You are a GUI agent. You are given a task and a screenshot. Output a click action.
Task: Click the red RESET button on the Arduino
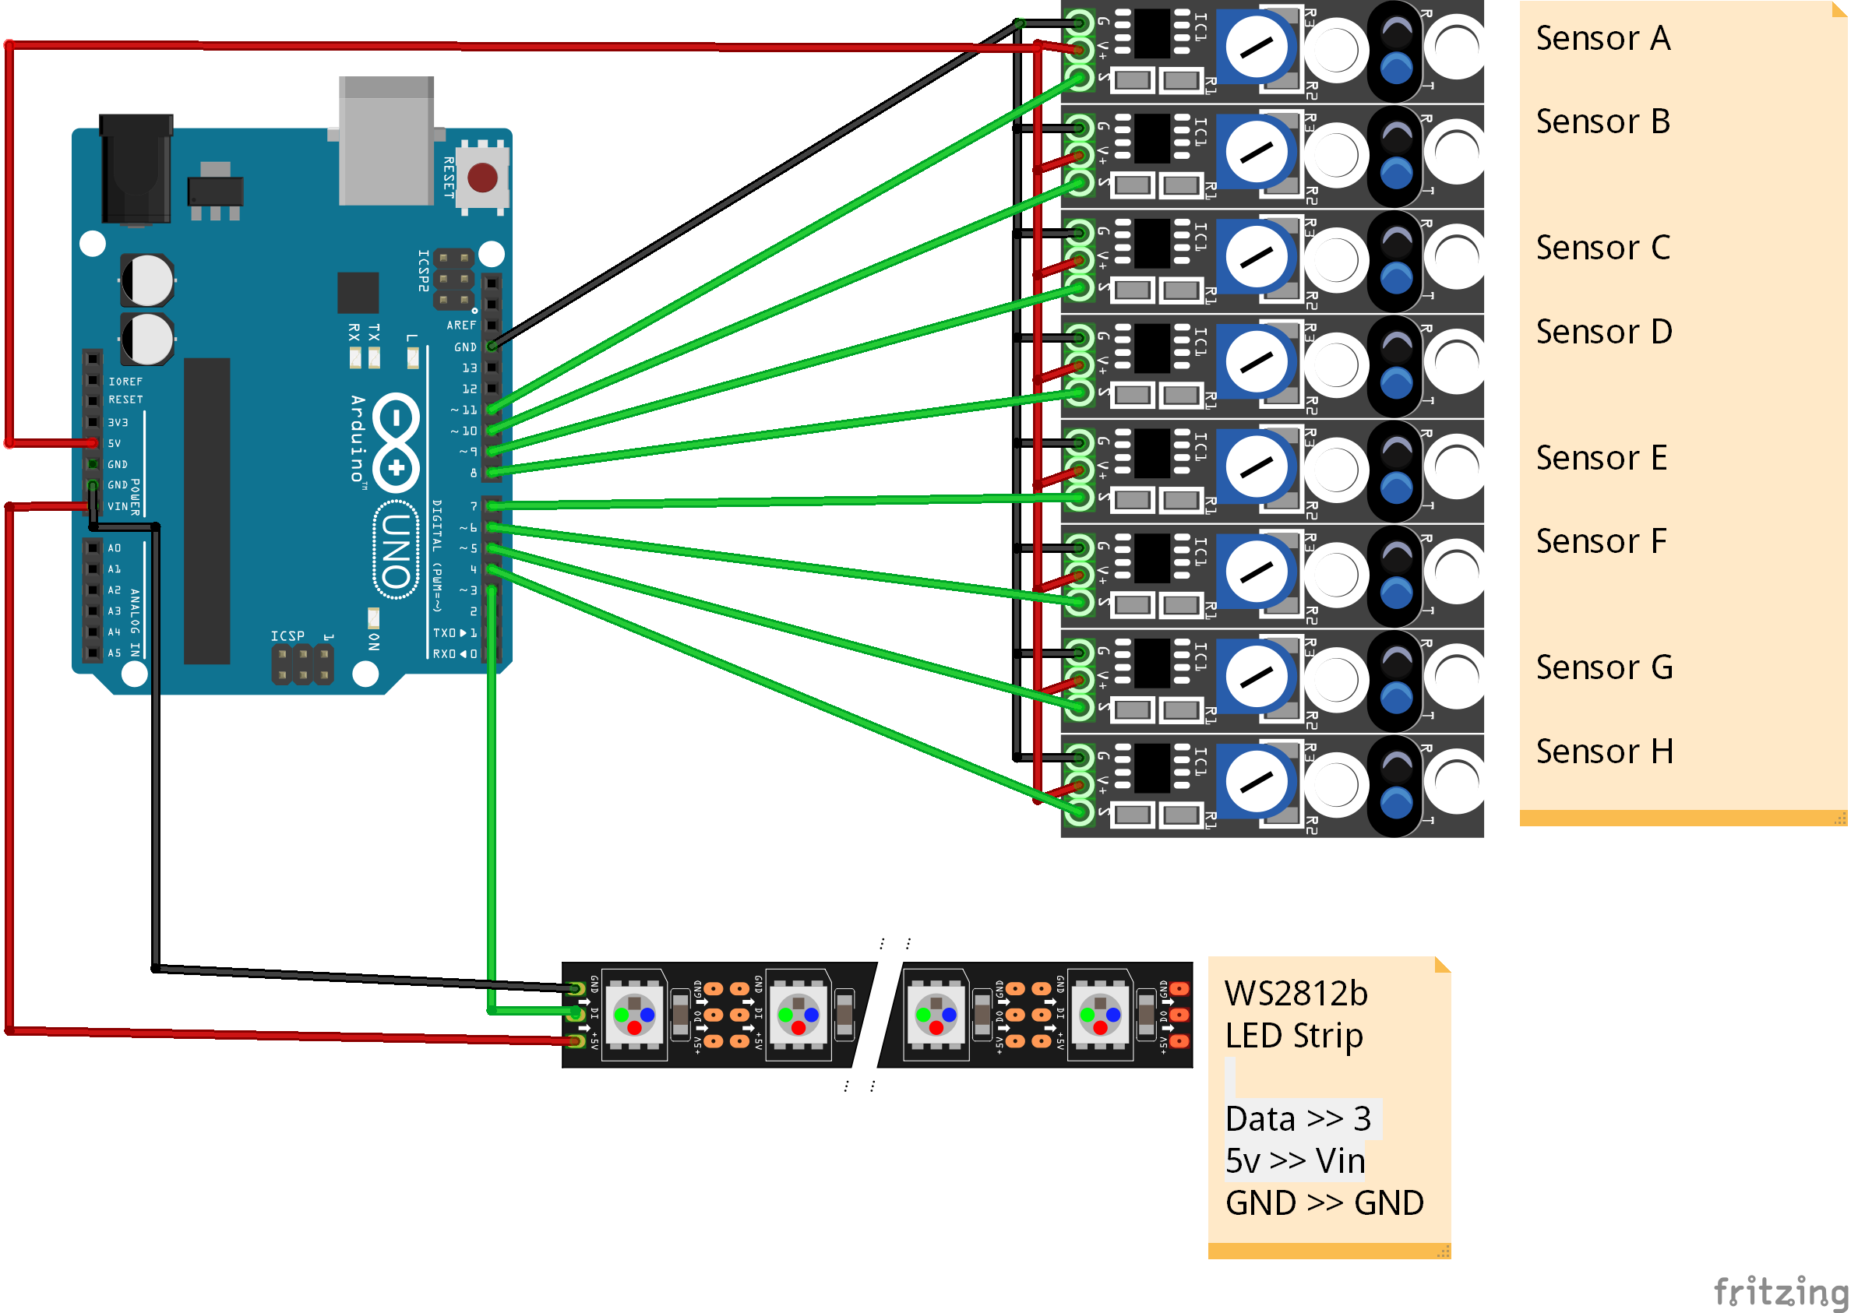click(483, 177)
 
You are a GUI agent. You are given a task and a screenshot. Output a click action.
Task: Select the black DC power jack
click(136, 169)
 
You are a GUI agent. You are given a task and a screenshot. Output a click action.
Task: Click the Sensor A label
click(1602, 38)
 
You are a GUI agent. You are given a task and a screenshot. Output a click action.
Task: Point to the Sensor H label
click(1603, 751)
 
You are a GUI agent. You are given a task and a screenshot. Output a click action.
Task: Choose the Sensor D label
click(1603, 332)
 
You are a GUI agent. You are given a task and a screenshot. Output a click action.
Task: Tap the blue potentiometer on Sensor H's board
click(1257, 782)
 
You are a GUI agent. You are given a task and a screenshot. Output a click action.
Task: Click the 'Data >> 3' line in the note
click(1298, 1119)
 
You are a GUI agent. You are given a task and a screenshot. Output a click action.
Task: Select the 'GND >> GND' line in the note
click(1324, 1203)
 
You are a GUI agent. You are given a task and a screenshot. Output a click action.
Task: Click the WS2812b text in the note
click(1296, 994)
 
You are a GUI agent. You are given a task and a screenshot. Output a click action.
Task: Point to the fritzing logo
click(1779, 1290)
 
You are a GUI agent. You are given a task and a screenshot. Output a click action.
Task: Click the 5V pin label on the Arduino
click(114, 443)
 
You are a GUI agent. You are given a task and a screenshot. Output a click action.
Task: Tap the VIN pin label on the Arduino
click(118, 506)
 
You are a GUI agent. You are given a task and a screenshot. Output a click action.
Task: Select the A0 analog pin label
click(114, 548)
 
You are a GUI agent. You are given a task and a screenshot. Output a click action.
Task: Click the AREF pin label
click(461, 325)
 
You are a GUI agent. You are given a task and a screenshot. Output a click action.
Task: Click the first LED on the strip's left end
click(635, 1014)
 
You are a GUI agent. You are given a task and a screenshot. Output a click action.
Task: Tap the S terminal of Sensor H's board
click(1080, 811)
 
